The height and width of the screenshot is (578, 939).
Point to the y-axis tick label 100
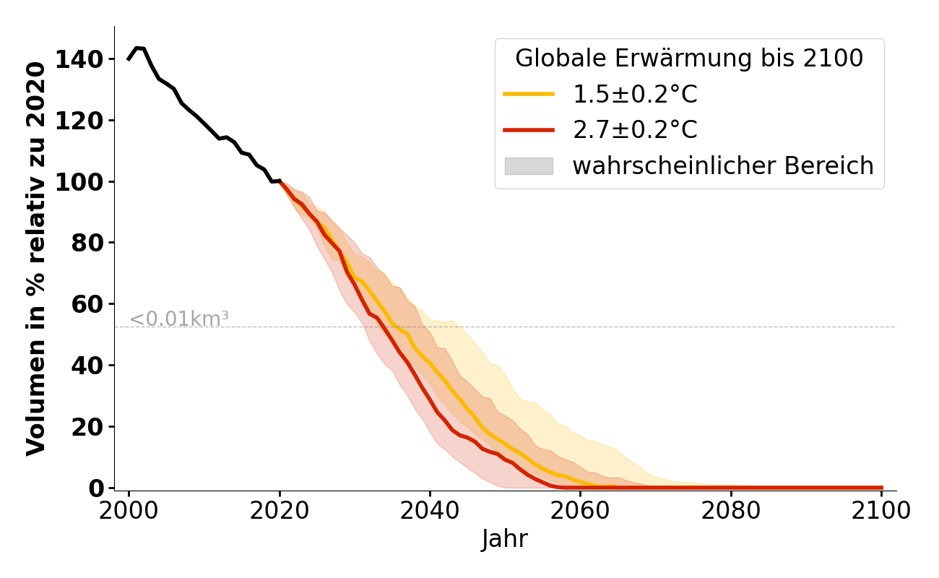[87, 181]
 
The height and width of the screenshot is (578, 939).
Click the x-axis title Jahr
[504, 539]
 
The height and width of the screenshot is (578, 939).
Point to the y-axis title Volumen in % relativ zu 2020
[36, 258]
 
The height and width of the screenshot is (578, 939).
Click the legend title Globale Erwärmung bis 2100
[688, 59]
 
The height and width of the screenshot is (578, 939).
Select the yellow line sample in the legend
[529, 94]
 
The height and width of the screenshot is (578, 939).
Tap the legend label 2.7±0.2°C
[635, 130]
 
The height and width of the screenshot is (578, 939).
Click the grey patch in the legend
[529, 166]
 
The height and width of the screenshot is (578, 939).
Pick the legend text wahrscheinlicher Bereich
[723, 166]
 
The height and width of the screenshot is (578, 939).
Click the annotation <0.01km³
[179, 319]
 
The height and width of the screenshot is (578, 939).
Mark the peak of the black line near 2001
[137, 48]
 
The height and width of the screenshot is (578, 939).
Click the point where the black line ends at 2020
[280, 181]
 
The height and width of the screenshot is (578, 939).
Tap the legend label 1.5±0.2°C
[635, 94]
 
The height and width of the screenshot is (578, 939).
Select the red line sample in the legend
[529, 130]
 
